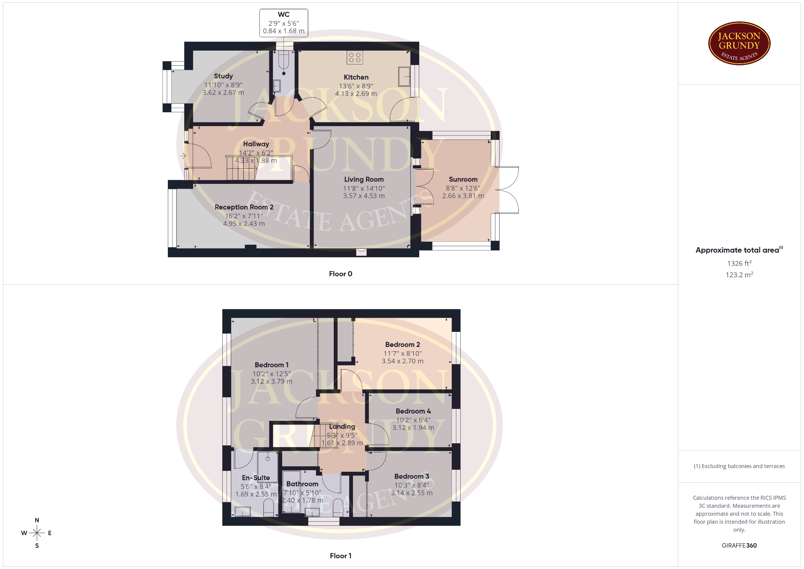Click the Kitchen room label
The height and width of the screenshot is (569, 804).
tap(356, 77)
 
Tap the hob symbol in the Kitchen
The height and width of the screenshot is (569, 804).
tap(355, 57)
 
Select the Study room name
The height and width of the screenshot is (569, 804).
tap(223, 76)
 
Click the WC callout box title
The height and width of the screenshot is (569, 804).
tap(283, 15)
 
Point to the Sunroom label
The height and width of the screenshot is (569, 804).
tap(463, 179)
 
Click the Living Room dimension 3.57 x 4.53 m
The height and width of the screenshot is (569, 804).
tap(364, 196)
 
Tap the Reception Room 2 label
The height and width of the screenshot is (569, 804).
tap(244, 207)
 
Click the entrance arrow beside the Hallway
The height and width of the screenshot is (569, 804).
tap(183, 156)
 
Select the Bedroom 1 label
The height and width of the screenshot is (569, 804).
tap(272, 365)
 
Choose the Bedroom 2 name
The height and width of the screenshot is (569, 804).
tap(402, 344)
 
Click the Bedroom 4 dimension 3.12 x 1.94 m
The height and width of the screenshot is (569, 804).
tap(413, 428)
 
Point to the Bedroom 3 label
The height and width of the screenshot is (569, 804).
tap(412, 476)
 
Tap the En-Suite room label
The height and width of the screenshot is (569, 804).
tap(256, 478)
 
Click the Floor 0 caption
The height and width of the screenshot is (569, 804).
tap(340, 274)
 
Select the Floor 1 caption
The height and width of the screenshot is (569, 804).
tap(340, 556)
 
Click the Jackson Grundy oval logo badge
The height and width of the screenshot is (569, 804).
tap(740, 44)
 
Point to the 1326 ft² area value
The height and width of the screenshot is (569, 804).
tap(740, 263)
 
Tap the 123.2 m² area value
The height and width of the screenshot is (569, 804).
tap(740, 274)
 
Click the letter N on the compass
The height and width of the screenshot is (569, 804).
tap(37, 520)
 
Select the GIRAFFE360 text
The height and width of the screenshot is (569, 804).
tap(740, 546)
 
